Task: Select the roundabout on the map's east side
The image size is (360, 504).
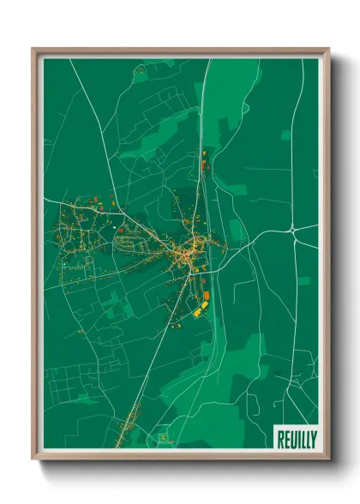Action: pos(293,230)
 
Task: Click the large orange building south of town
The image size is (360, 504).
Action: pos(206,297)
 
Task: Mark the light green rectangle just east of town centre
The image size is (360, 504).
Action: pos(234,229)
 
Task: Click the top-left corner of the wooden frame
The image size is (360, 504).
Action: pos(33,49)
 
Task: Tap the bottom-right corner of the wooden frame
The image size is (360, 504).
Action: pos(328,458)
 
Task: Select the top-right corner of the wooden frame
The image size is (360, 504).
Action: pos(328,49)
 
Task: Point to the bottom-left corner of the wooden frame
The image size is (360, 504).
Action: pos(33,458)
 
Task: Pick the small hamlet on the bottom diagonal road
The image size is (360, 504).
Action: pos(130,420)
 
